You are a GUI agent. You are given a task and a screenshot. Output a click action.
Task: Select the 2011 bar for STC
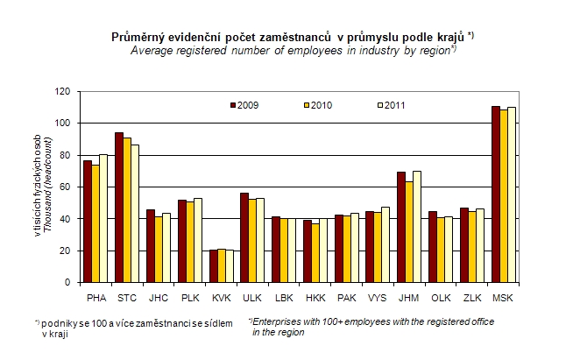[135, 214]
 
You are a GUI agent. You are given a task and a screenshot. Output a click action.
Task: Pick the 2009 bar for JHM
[400, 228]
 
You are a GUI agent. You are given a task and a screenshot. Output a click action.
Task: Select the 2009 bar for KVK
[212, 266]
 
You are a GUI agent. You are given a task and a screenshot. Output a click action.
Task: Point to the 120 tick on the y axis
[64, 91]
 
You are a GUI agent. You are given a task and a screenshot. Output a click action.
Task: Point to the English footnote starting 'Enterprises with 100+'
[371, 327]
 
